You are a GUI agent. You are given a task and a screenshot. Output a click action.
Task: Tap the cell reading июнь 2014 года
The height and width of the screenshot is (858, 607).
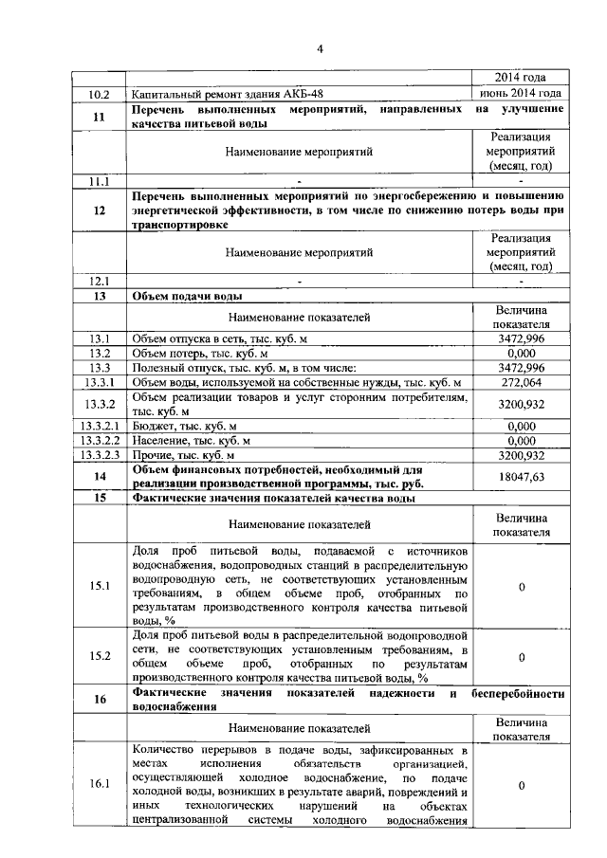point(521,93)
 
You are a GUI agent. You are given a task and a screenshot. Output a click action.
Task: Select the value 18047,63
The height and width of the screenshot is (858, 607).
point(521,478)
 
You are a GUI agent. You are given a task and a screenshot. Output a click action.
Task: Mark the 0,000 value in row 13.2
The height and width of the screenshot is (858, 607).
point(521,353)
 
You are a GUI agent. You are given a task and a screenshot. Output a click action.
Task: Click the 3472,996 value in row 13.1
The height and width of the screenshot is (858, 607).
point(521,338)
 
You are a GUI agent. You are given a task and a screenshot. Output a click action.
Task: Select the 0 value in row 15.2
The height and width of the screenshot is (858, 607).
point(521,656)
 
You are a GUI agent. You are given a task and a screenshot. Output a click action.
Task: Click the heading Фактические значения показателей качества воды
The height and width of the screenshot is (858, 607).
point(273,498)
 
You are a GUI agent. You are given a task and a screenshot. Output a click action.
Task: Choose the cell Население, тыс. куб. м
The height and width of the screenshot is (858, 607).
point(192,441)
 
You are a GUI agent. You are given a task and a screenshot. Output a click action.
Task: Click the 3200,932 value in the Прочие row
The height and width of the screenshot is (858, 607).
point(521,455)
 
